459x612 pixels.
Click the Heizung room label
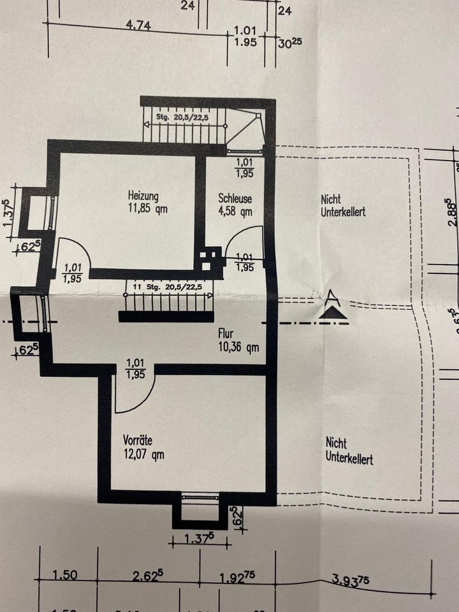point(143,196)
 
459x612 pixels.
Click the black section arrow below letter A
point(333,313)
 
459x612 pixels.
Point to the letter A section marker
point(331,296)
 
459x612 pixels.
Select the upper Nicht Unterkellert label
point(343,206)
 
